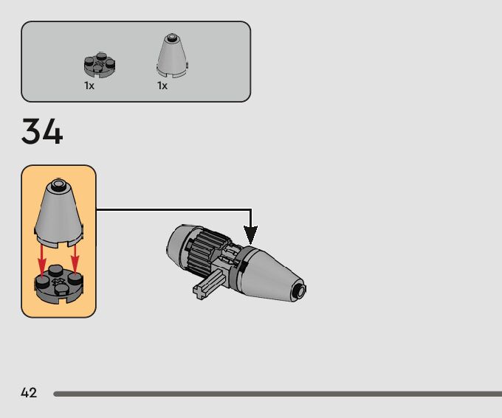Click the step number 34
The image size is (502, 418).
(42, 132)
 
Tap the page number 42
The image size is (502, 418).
(29, 393)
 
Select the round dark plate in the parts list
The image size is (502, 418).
(100, 66)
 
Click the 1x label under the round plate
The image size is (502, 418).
(89, 86)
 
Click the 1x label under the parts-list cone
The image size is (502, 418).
(162, 86)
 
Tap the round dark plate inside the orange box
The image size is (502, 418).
(58, 284)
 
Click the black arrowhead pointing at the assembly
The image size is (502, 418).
(251, 235)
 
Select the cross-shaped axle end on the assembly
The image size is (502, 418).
(202, 290)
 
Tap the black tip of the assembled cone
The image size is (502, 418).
(300, 289)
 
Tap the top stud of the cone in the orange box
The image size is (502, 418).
(58, 182)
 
